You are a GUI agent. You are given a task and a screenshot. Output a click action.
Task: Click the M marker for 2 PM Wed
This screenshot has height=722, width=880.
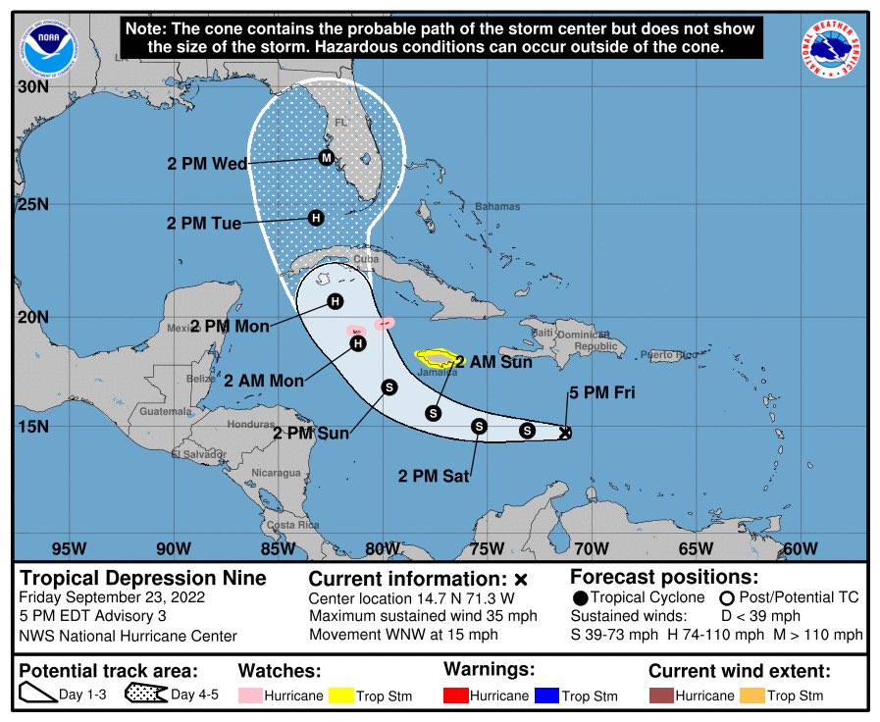[326, 157]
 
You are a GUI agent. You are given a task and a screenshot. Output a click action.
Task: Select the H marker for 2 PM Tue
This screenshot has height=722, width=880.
[316, 218]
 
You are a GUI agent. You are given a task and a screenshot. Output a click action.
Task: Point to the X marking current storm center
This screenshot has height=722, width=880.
[565, 432]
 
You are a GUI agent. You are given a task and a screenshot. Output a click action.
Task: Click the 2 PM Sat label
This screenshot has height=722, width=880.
[434, 477]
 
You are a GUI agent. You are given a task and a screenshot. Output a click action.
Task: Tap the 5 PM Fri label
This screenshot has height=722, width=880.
[601, 394]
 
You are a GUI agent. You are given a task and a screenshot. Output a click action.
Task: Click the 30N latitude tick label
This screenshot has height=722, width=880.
[33, 86]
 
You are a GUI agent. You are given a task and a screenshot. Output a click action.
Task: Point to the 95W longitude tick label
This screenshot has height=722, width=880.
[68, 548]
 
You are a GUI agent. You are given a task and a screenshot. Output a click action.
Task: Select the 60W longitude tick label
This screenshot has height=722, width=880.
[801, 548]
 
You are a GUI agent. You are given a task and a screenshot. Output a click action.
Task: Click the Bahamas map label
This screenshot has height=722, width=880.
[496, 207]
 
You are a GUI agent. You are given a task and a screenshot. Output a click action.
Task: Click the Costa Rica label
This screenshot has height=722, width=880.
[294, 526]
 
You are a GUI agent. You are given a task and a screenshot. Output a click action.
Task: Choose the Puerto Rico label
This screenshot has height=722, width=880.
[669, 354]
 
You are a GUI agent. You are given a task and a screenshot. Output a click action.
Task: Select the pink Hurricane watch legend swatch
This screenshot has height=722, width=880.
[252, 696]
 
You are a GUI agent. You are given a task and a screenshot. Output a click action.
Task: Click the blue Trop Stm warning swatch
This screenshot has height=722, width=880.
[545, 696]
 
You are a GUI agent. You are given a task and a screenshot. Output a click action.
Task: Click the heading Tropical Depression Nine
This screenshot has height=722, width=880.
[143, 578]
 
